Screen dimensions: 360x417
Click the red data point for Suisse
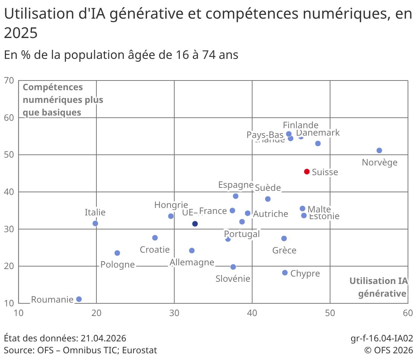point(307,171)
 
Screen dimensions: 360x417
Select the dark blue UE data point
point(195,224)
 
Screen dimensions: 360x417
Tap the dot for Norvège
point(379,151)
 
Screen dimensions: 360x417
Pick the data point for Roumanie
point(79,299)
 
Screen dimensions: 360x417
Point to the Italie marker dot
point(95,224)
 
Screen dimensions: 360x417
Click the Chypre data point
point(285,273)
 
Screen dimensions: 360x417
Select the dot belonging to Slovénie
point(233,267)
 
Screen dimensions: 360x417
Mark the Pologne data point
point(117,253)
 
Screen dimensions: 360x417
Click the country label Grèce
point(284,250)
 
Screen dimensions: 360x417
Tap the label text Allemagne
point(192,262)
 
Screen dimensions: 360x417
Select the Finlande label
point(300,125)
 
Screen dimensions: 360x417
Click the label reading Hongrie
point(171,205)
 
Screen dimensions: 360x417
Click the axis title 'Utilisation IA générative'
point(378,287)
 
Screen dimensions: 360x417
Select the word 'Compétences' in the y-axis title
point(53,87)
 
